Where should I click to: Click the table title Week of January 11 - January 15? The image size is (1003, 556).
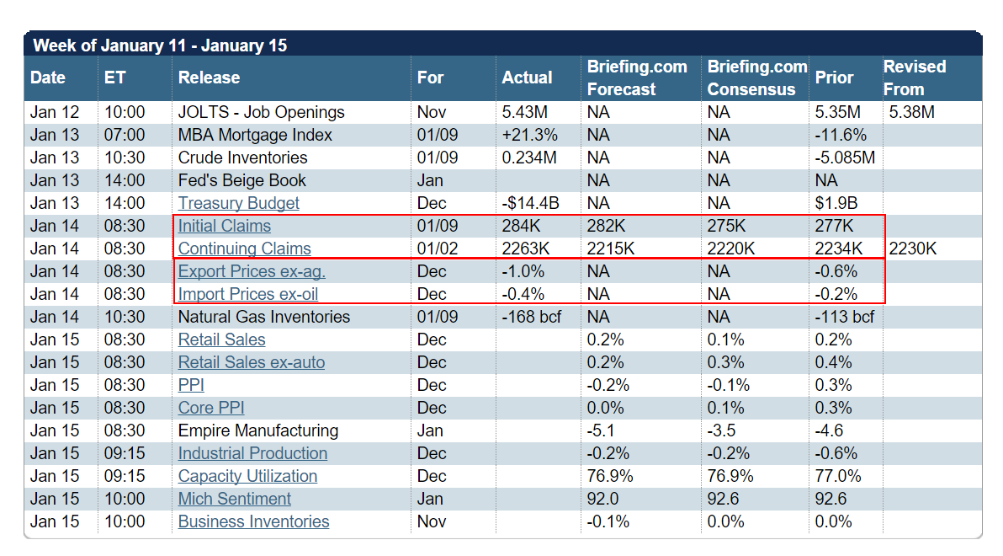click(159, 45)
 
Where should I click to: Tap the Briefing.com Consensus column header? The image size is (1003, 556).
click(756, 78)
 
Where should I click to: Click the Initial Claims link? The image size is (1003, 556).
click(224, 226)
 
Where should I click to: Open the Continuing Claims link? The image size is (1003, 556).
click(244, 249)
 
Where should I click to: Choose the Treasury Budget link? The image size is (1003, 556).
click(238, 203)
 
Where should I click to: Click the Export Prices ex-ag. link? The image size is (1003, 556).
click(252, 271)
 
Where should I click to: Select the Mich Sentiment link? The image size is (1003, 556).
click(234, 499)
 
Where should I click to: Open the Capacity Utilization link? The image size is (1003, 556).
click(247, 476)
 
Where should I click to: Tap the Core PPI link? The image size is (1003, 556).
click(210, 408)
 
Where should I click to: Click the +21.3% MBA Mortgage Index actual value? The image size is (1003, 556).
click(530, 135)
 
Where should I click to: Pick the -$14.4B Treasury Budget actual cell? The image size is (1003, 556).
click(532, 203)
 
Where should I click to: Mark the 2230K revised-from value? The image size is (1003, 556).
click(913, 249)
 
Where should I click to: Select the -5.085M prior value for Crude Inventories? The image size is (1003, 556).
click(845, 158)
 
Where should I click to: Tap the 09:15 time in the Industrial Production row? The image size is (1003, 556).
click(125, 453)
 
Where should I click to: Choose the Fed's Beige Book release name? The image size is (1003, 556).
click(241, 180)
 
